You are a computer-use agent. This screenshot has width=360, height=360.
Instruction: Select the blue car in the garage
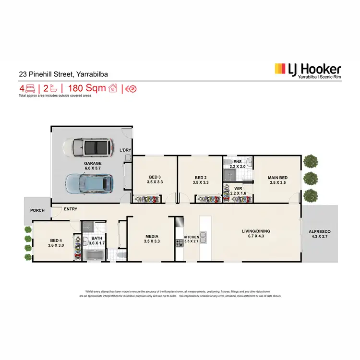[x=90, y=183]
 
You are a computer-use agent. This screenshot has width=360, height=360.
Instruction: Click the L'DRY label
[x=125, y=150]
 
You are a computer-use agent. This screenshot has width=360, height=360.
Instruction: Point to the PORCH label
[x=37, y=210]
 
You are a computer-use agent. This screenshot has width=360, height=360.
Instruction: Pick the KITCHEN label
[x=191, y=237]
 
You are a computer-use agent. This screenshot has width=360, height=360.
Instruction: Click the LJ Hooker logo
[x=307, y=70]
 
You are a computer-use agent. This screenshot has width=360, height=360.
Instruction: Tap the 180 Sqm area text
[x=87, y=88]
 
